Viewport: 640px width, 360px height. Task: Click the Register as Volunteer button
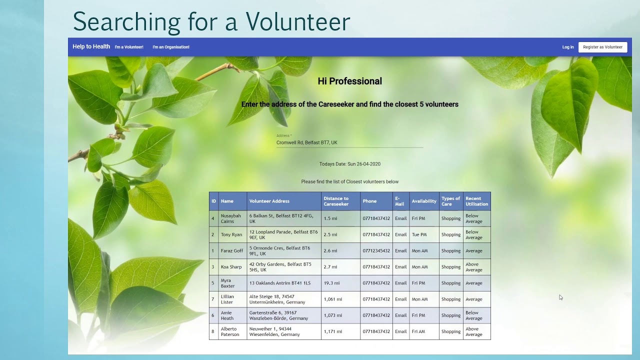(x=602, y=47)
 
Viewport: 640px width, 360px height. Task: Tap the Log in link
(x=568, y=47)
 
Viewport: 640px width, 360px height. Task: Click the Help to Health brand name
(x=91, y=46)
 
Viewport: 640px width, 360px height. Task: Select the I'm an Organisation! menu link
(x=171, y=47)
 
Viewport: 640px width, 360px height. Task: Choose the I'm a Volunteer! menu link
(x=129, y=47)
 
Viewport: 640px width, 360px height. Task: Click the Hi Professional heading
(x=349, y=81)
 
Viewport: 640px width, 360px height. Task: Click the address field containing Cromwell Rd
(x=349, y=142)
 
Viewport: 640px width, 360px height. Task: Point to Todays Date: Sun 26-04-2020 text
(x=349, y=164)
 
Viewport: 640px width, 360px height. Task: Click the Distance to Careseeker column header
(x=336, y=201)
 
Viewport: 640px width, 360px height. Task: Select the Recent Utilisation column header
(x=476, y=201)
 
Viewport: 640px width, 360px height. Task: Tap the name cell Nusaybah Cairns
(x=231, y=218)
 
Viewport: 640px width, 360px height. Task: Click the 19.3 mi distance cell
(x=331, y=283)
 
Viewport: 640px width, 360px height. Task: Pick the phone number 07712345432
(x=376, y=251)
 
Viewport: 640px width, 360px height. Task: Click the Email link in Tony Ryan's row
(x=400, y=234)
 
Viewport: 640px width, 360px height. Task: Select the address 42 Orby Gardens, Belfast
(x=280, y=267)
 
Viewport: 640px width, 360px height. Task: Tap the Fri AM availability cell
(x=418, y=331)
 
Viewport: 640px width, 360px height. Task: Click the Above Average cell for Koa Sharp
(x=473, y=267)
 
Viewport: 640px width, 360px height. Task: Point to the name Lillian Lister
(x=227, y=299)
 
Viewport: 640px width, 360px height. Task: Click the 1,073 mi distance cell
(x=333, y=315)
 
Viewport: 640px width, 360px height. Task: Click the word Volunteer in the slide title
(x=297, y=21)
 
